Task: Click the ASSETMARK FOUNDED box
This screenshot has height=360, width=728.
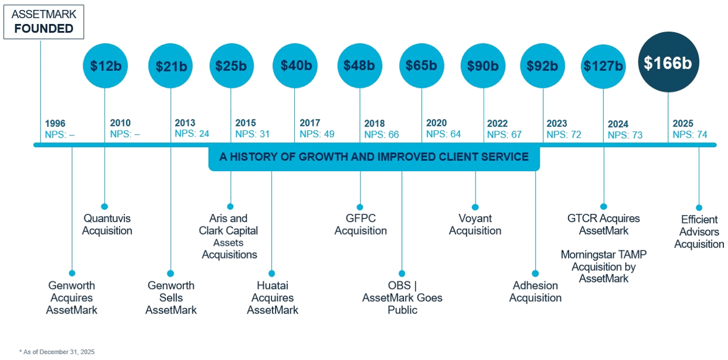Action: pos(43,22)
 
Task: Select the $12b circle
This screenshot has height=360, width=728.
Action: pos(105,66)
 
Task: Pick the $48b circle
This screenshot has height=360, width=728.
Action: pos(359,66)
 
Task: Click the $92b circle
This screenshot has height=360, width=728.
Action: pos(543,66)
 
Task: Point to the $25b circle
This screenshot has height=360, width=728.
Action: pos(231,66)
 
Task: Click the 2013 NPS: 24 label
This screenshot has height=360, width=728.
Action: pos(192,129)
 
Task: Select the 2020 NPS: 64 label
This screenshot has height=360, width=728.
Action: pos(444,129)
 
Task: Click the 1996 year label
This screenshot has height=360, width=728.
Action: pos(55,124)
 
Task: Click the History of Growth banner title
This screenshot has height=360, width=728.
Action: pos(374,157)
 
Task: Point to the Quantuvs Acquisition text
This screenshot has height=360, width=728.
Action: pos(107,225)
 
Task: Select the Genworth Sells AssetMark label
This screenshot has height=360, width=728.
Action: pos(171,298)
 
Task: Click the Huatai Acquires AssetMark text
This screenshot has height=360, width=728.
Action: pos(273,298)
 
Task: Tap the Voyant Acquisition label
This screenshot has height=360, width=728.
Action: pos(475,225)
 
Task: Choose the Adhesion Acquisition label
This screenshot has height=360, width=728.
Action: pos(536,291)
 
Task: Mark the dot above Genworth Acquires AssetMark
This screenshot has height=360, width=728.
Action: pos(72,273)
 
